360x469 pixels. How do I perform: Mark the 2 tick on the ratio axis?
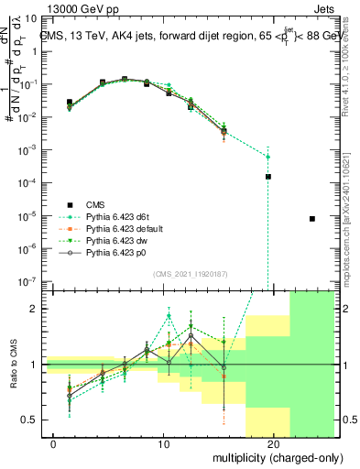(x=38, y=309)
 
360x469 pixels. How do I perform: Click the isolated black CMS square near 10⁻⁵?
(x=312, y=219)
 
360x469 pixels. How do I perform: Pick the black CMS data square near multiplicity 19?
(x=268, y=176)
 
